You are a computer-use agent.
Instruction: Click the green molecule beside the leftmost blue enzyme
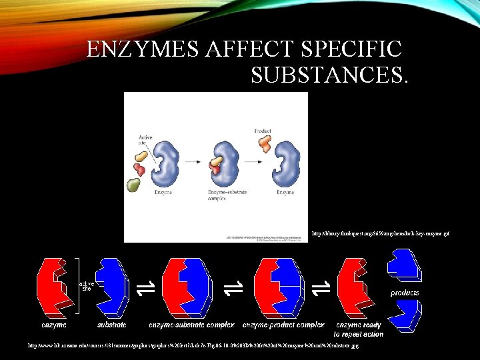tap(135, 186)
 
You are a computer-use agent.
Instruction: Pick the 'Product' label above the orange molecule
tap(263, 131)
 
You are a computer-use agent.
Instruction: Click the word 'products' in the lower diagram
tap(404, 293)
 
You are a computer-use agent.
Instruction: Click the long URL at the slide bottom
tap(193, 346)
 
